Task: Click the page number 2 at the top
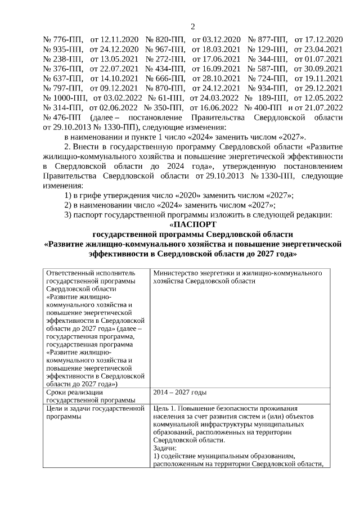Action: coord(192,26)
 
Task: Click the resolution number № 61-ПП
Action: coord(160,98)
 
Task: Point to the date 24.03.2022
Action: coord(214,98)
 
